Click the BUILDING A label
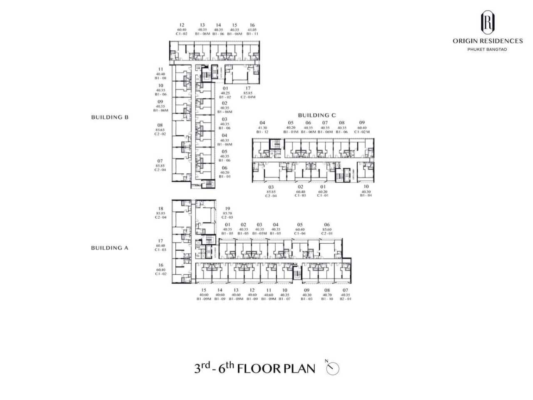pyautogui.click(x=110, y=248)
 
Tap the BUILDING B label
pyautogui.click(x=110, y=117)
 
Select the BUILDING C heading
pyautogui.click(x=316, y=115)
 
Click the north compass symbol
pyautogui.click(x=333, y=369)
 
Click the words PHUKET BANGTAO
pyautogui.click(x=487, y=50)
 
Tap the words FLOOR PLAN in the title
pyautogui.click(x=276, y=369)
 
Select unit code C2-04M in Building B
pyautogui.click(x=248, y=97)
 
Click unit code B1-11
pyautogui.click(x=252, y=34)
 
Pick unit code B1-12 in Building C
pyautogui.click(x=262, y=132)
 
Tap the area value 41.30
pyautogui.click(x=262, y=128)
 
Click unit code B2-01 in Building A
pyautogui.click(x=345, y=299)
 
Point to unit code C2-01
pyautogui.click(x=327, y=234)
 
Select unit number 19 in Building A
pyautogui.click(x=227, y=209)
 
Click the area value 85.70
pyautogui.click(x=227, y=213)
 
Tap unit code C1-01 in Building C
pyautogui.click(x=323, y=195)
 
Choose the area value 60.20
pyautogui.click(x=323, y=192)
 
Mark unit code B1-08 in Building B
pyautogui.click(x=160, y=78)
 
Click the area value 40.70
pyautogui.click(x=327, y=295)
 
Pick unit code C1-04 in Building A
pyautogui.click(x=300, y=234)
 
